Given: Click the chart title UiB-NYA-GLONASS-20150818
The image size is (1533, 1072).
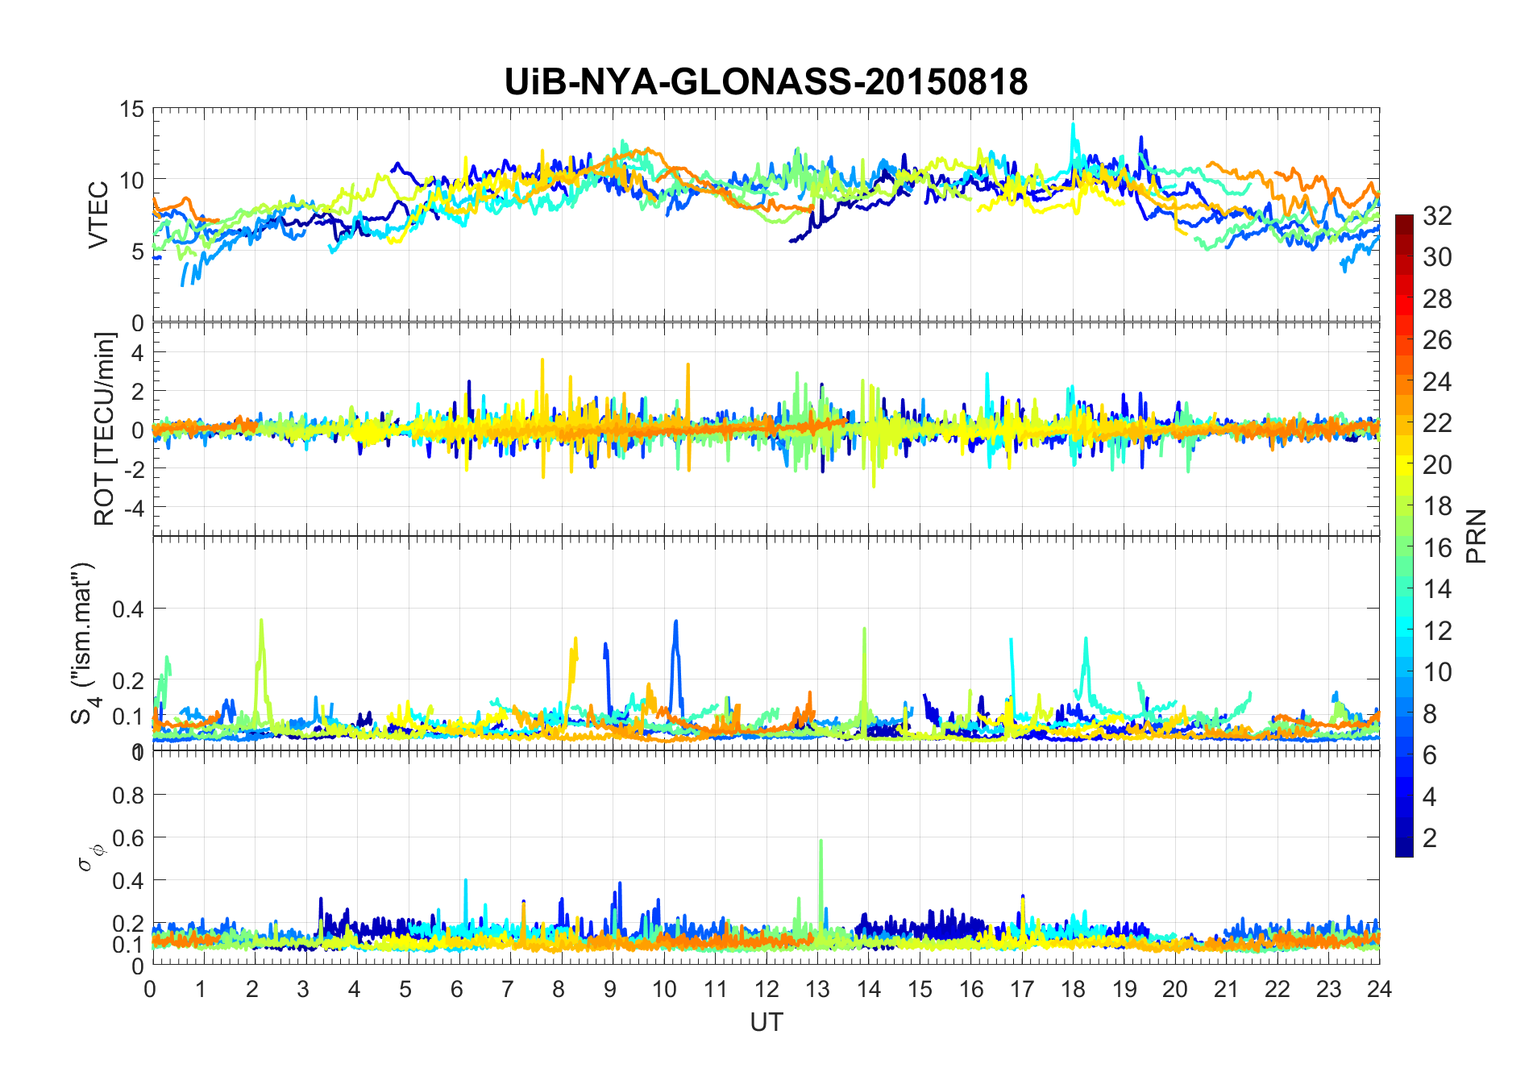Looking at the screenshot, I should [766, 82].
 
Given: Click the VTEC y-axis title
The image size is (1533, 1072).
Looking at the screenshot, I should [98, 215].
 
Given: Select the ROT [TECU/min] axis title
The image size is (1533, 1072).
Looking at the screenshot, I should [105, 429].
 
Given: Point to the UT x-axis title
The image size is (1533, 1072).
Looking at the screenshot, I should [766, 1023].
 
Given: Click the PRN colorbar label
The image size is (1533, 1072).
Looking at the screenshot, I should [1476, 536].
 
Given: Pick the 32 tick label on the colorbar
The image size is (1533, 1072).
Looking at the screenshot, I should [1437, 216].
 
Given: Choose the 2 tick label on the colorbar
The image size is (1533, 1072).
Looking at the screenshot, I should [1430, 838].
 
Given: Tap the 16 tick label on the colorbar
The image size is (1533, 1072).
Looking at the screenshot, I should [1437, 548].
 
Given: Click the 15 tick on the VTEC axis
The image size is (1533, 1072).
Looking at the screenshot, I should [132, 110].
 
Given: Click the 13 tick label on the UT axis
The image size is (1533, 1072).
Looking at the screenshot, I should [817, 989].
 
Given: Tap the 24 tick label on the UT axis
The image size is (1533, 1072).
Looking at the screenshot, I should [1379, 989].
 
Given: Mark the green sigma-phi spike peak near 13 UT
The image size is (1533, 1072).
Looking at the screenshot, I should [821, 841].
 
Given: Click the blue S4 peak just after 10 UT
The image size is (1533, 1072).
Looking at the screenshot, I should [675, 621].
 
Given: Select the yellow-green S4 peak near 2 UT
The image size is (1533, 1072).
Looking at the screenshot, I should [261, 621].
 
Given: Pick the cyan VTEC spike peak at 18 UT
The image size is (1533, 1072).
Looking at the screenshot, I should [1073, 124].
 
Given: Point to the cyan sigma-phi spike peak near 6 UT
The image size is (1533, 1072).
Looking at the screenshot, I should [466, 880].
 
